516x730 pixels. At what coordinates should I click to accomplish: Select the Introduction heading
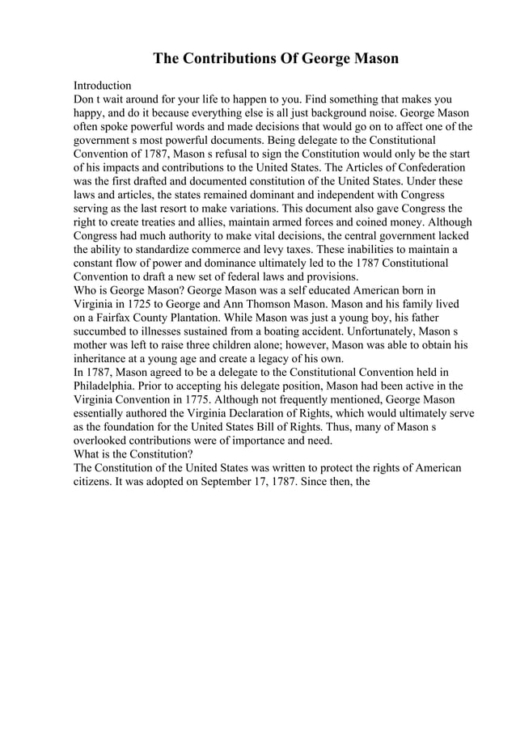102,85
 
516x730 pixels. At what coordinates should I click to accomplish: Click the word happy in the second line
89,114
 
